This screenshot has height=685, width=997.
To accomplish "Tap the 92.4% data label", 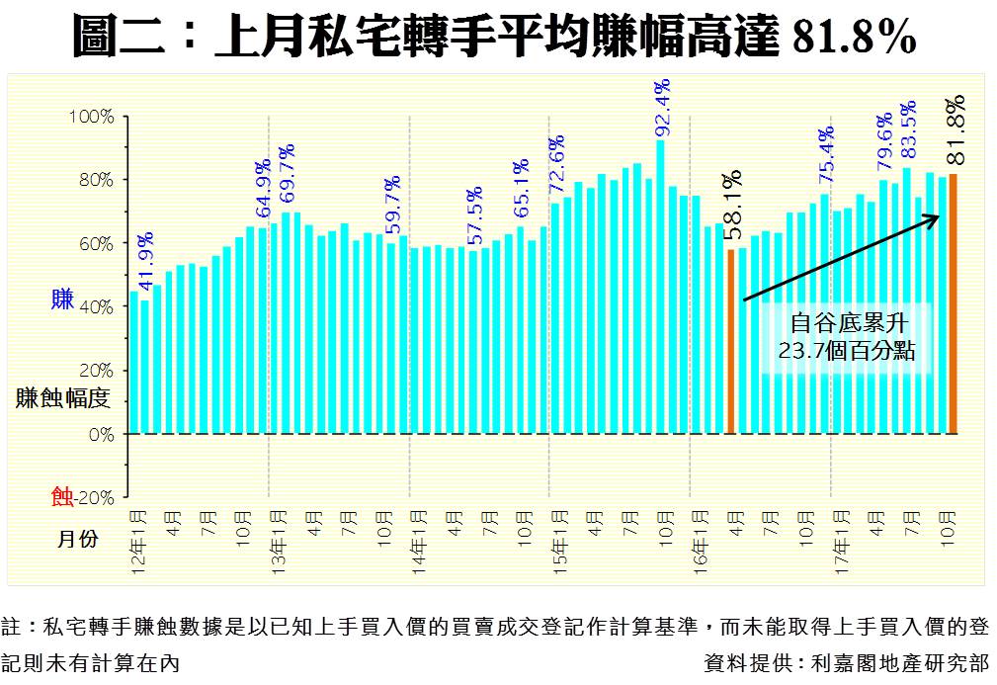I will pos(662,108).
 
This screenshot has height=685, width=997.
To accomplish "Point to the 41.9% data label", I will pos(146,261).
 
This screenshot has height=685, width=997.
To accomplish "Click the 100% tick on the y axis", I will pos(92,117).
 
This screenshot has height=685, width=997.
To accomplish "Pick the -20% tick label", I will pos(96,497).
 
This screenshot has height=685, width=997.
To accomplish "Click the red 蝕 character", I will pos(61,496).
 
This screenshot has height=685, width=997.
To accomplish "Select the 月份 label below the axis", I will pos(77,539).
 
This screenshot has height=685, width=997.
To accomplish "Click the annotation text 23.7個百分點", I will pos(847,351).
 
